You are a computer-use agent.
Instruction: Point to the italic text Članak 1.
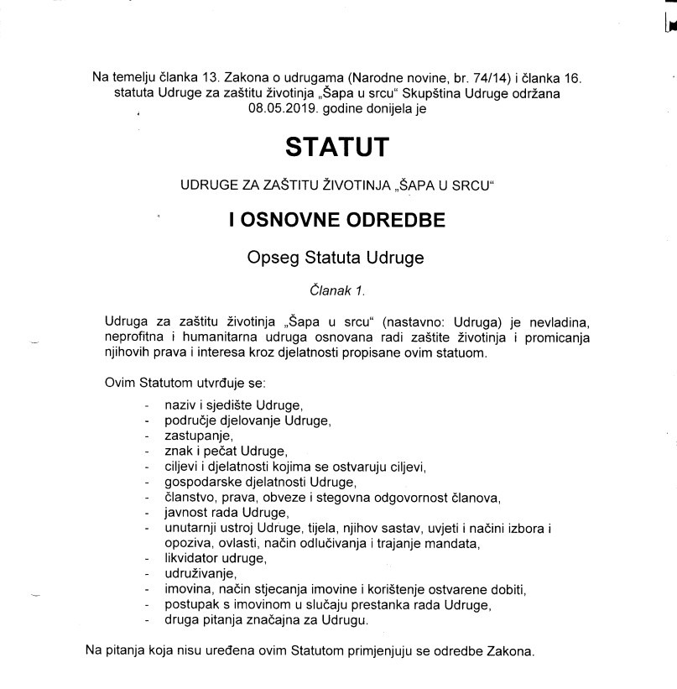tap(337, 291)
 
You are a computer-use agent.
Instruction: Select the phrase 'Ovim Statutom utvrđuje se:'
tap(185, 383)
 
